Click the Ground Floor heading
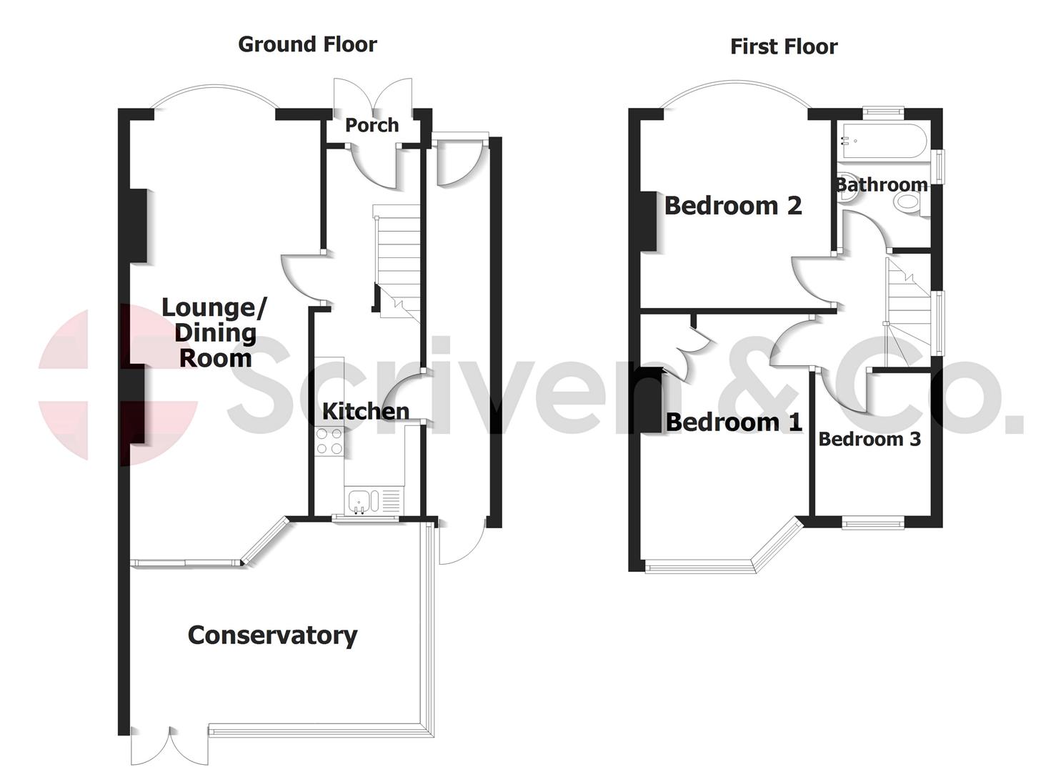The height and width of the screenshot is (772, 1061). [307, 44]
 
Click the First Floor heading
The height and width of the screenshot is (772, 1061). [784, 46]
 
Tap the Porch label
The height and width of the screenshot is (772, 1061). [372, 125]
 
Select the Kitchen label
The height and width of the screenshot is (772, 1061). [365, 411]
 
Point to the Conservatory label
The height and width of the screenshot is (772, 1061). [272, 635]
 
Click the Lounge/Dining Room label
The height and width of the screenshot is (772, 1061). [214, 332]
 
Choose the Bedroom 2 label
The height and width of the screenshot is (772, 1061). [733, 206]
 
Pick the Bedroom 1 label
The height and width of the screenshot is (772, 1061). [734, 422]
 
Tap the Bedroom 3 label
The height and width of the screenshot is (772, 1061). [869, 439]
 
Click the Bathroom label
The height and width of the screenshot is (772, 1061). [882, 184]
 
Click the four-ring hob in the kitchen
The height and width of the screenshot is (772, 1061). [329, 440]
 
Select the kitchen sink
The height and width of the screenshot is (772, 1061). [359, 501]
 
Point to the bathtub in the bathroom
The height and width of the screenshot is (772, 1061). [884, 141]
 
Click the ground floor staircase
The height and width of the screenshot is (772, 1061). [397, 261]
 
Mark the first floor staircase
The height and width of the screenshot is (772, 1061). [907, 307]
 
